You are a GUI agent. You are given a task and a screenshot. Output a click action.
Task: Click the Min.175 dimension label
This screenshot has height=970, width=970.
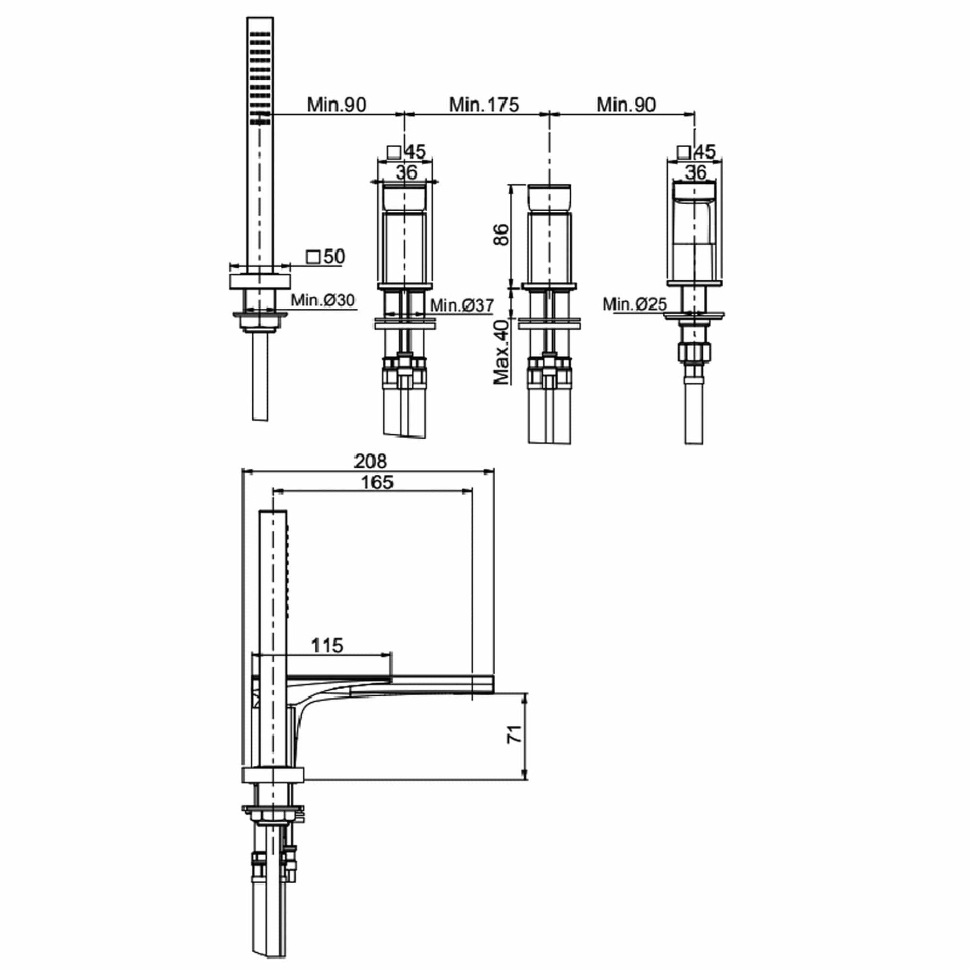point(484,105)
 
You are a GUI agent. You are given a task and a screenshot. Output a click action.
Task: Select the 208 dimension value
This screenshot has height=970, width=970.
point(370,461)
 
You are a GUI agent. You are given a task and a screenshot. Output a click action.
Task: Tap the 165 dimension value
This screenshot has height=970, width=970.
point(377,482)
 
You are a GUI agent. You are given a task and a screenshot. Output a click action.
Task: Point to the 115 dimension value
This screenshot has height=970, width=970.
point(327,645)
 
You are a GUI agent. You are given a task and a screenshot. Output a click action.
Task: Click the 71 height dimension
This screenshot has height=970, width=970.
point(515,734)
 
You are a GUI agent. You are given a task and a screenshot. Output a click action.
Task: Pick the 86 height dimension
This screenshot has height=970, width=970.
point(501,235)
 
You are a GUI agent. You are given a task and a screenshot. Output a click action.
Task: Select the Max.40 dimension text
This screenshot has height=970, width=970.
point(501,352)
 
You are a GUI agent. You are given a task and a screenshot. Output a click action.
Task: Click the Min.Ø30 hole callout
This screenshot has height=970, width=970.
point(323,300)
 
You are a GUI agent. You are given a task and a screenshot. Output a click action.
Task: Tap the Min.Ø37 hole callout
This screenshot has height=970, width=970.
point(462,306)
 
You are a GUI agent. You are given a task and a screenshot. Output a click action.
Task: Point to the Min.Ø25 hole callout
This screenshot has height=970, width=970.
point(635,304)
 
